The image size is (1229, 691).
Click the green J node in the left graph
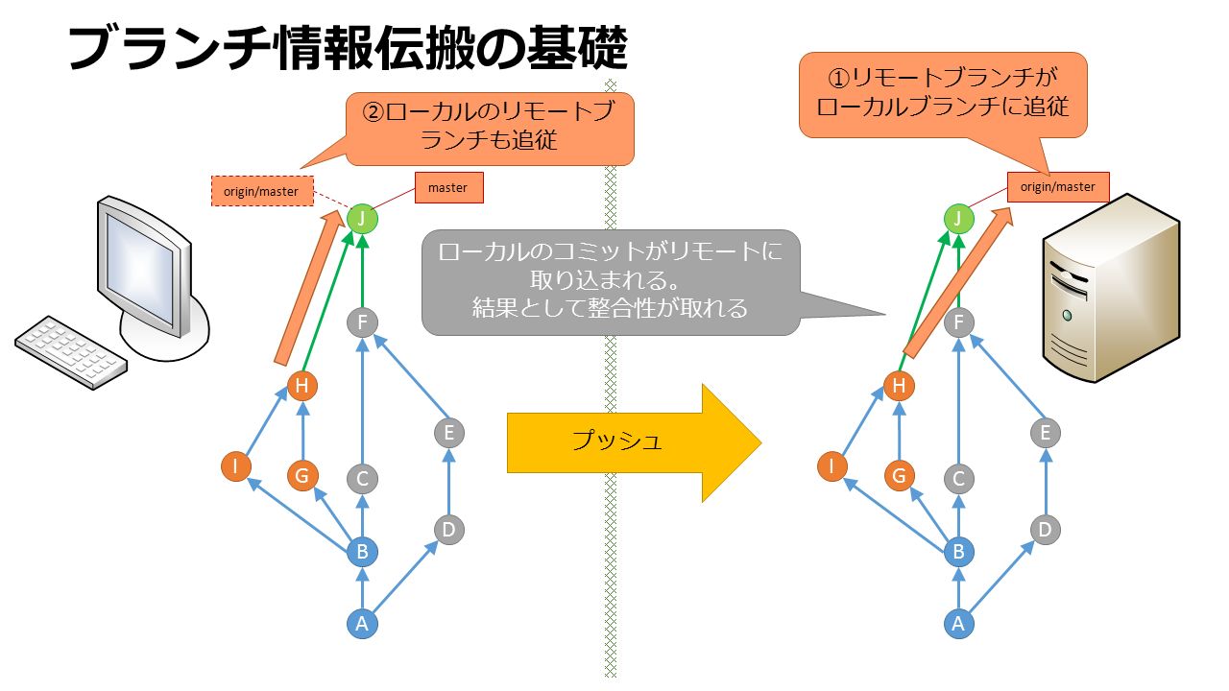(x=362, y=219)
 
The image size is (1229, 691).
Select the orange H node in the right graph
(x=899, y=386)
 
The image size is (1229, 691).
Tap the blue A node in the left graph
(x=362, y=624)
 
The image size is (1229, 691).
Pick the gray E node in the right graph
(x=1046, y=433)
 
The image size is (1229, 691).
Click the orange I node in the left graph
(x=236, y=466)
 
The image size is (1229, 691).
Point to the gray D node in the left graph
(x=448, y=530)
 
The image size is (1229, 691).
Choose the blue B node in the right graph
(x=958, y=552)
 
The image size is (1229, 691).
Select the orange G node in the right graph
(x=899, y=475)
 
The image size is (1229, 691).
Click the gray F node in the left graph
(x=362, y=322)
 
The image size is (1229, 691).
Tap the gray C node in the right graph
(x=958, y=479)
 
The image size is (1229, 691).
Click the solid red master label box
(x=448, y=187)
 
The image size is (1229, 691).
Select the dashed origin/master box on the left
(x=262, y=191)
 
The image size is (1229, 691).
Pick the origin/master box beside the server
(x=1058, y=187)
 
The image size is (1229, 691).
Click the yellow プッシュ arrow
(x=634, y=442)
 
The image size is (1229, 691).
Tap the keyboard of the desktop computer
(x=71, y=353)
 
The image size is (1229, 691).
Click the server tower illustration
(x=1111, y=288)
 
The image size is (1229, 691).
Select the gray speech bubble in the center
(x=610, y=282)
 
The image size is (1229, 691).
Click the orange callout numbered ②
(x=490, y=129)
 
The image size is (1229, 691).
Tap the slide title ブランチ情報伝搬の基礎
(x=348, y=48)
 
